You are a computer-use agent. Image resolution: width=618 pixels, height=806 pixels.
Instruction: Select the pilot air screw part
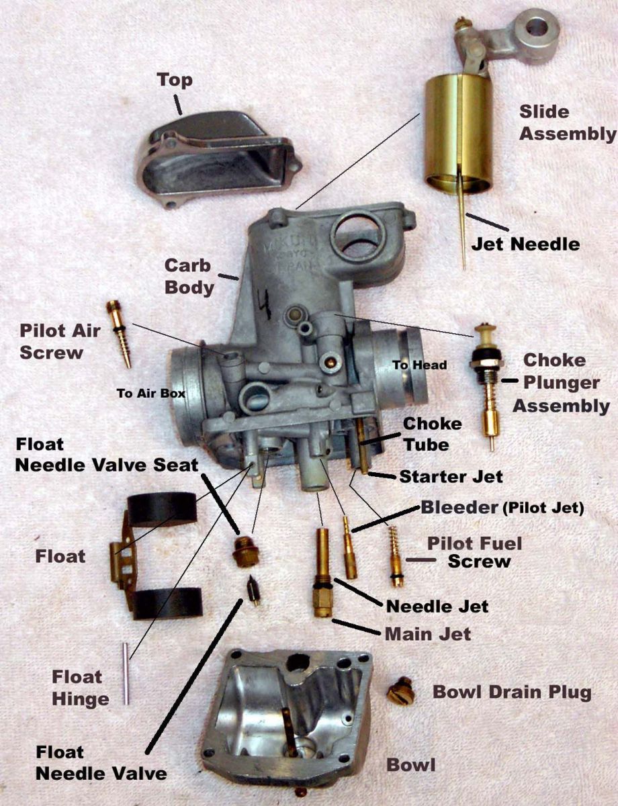pos(119,334)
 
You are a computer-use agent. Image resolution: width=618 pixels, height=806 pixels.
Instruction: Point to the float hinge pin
pos(126,673)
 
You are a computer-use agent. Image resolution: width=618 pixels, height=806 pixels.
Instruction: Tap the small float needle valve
pos(253,590)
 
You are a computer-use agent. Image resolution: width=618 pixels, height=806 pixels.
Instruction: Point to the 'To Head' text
pos(419,365)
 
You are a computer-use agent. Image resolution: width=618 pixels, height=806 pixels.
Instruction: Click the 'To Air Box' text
pos(150,394)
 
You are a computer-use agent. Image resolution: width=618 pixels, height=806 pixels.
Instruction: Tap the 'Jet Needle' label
pos(525,243)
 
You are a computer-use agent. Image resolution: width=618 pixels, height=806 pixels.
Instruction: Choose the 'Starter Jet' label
pos(451,477)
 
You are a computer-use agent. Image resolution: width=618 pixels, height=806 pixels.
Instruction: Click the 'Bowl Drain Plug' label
pos(512,692)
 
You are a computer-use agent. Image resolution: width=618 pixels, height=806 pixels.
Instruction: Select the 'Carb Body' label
pos(191,277)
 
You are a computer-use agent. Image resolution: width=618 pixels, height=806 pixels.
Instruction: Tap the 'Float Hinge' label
pos(81,688)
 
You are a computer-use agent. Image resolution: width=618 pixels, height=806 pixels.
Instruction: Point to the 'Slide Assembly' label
pos(567,122)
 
